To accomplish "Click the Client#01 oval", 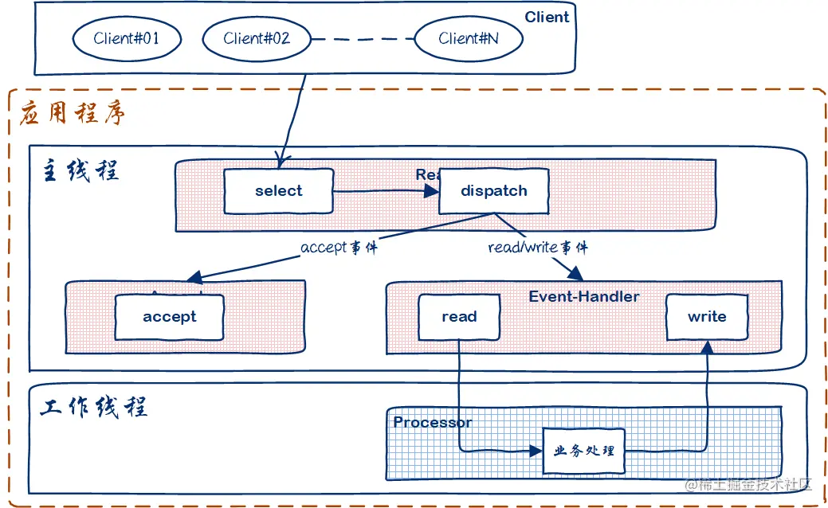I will (127, 38).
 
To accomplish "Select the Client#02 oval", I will (257, 38).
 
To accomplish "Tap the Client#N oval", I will (469, 38).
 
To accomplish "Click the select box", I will (278, 191).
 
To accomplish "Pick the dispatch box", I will (494, 191).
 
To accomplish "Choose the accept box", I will (169, 317).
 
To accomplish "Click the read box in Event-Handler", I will (459, 317).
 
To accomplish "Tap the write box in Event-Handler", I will (707, 317).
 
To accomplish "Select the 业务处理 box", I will (584, 451).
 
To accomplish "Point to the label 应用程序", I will (73, 114).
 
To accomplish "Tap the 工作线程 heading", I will (94, 407).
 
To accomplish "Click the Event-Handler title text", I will (584, 296).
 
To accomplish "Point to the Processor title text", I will (433, 422).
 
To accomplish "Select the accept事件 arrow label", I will (339, 248).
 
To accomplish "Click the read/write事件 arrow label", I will (538, 248).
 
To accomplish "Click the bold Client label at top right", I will (547, 18).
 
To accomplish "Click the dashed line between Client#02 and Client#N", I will (363, 38).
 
